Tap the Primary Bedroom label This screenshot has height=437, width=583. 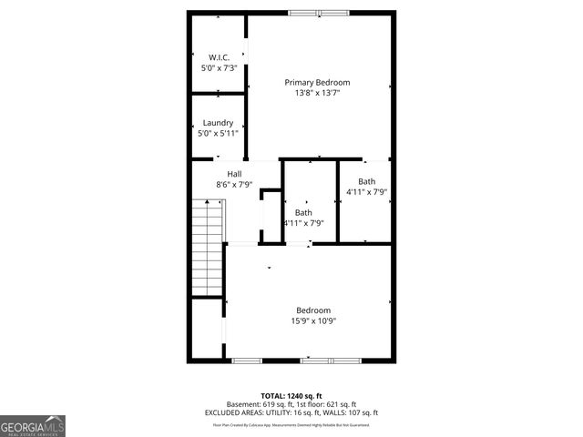point(316,82)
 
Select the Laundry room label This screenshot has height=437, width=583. point(218,123)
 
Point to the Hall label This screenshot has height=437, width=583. point(234,174)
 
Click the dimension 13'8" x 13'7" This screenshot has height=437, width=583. point(316,93)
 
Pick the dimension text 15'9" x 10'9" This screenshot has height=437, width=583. point(312,320)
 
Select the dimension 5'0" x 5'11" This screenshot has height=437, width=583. point(218,134)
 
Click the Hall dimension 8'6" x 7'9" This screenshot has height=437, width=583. point(234,185)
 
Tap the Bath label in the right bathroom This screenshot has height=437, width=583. point(366,181)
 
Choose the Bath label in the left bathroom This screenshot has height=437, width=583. point(302,212)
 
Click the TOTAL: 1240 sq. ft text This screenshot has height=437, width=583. point(291,396)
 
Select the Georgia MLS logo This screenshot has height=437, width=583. point(33,426)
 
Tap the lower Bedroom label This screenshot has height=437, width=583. point(312,310)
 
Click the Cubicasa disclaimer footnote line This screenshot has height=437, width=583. point(291,424)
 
